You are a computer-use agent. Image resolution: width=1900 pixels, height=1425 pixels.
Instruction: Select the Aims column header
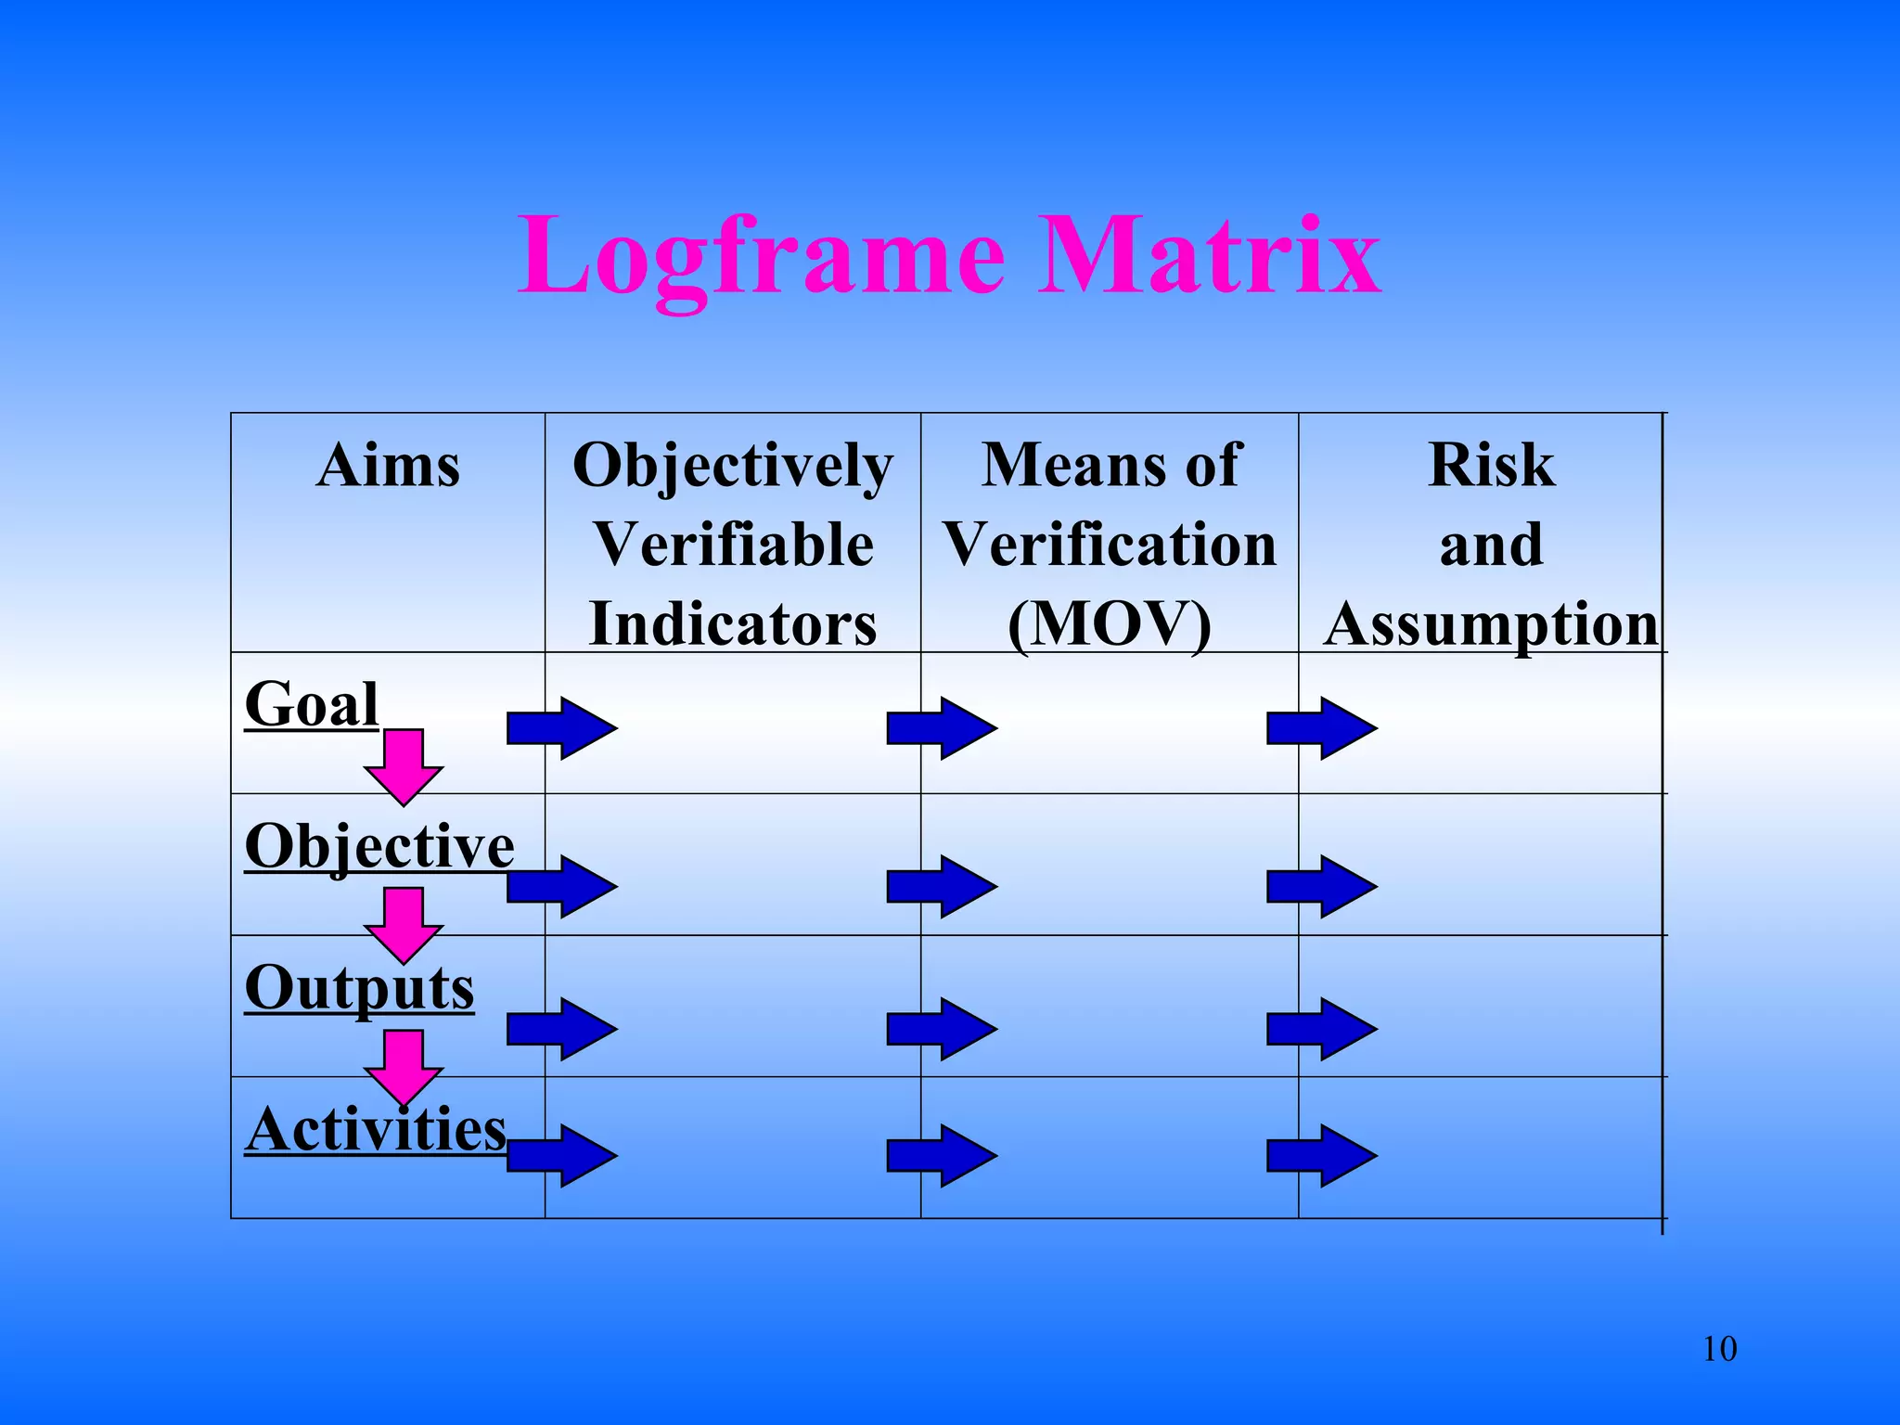pos(388,466)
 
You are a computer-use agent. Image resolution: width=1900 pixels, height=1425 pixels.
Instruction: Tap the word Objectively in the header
pos(733,466)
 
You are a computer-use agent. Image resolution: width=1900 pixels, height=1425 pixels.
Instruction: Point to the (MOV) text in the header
pos(1110,623)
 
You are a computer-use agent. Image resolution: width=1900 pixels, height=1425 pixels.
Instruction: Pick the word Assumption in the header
pos(1491,623)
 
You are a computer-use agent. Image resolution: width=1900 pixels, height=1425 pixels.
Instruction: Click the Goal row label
pos(312,705)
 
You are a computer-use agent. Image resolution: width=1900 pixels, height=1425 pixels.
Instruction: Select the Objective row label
pos(379,846)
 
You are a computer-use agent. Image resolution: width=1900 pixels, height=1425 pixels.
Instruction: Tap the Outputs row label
pos(360,988)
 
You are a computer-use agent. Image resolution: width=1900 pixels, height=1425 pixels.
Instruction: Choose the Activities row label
pos(376,1130)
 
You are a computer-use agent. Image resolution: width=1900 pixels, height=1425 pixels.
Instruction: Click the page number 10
pos(1719,1349)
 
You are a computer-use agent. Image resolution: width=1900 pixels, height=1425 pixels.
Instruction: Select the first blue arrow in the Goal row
pos(562,728)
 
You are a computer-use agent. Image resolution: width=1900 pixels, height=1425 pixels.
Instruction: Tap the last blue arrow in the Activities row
pos(1322,1155)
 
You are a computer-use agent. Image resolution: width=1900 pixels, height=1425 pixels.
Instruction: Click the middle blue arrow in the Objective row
pos(942,887)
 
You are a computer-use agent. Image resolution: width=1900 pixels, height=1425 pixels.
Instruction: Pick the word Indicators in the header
pos(733,623)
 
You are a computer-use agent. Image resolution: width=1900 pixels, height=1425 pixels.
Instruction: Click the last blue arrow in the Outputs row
pos(1322,1029)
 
